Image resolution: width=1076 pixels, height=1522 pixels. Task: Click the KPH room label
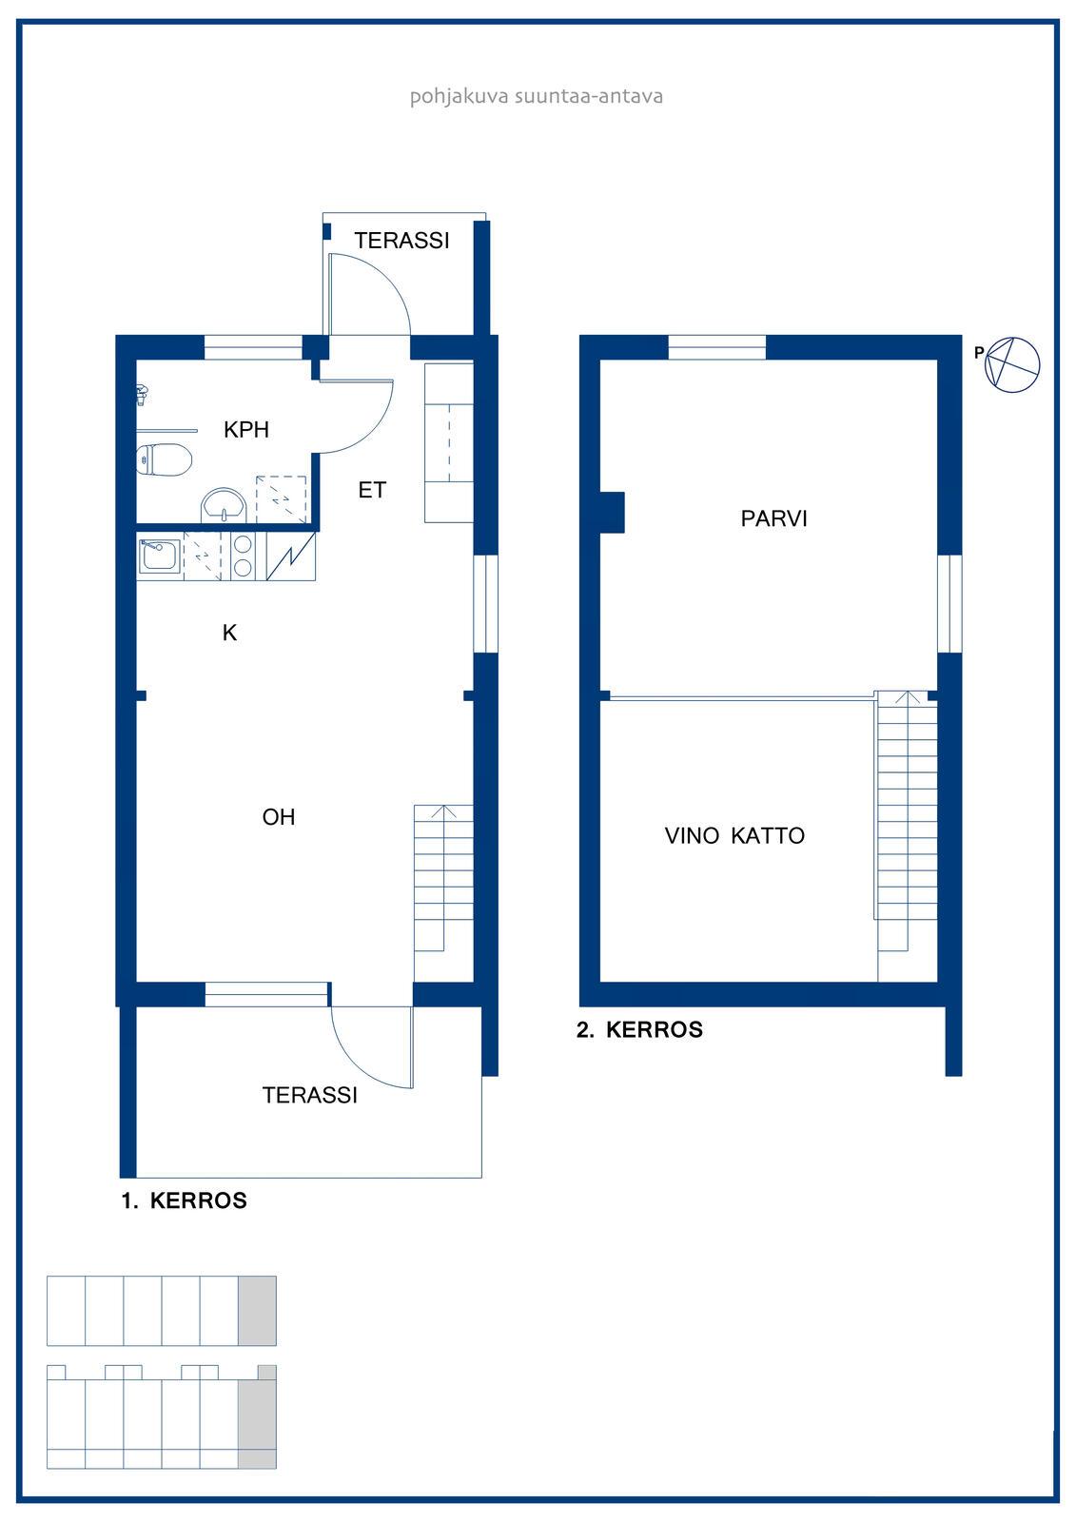pyautogui.click(x=246, y=429)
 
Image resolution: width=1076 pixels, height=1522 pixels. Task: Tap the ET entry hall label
pyautogui.click(x=372, y=490)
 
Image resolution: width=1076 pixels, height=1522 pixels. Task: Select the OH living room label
pyautogui.click(x=279, y=817)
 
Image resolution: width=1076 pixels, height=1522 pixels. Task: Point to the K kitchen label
pyautogui.click(x=229, y=633)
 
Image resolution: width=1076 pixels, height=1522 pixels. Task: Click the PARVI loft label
pyautogui.click(x=773, y=519)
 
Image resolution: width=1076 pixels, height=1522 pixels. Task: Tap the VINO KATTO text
pyautogui.click(x=734, y=836)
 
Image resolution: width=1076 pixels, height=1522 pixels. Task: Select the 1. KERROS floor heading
pyautogui.click(x=185, y=1200)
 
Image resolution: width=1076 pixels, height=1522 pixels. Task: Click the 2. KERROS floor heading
pyautogui.click(x=639, y=1029)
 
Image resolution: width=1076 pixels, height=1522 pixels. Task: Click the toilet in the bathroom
pyautogui.click(x=164, y=459)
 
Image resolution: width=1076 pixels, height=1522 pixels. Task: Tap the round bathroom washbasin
pyautogui.click(x=224, y=505)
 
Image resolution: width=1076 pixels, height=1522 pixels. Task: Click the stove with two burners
pyautogui.click(x=243, y=556)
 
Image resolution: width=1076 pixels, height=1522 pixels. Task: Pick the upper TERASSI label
pyautogui.click(x=401, y=241)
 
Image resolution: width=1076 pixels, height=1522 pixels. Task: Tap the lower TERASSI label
pyautogui.click(x=310, y=1095)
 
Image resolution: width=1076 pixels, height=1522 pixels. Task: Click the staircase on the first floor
pyautogui.click(x=443, y=893)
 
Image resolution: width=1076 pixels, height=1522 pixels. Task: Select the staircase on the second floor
pyautogui.click(x=907, y=836)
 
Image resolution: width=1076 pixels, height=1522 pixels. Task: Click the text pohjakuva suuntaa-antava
pyautogui.click(x=537, y=96)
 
